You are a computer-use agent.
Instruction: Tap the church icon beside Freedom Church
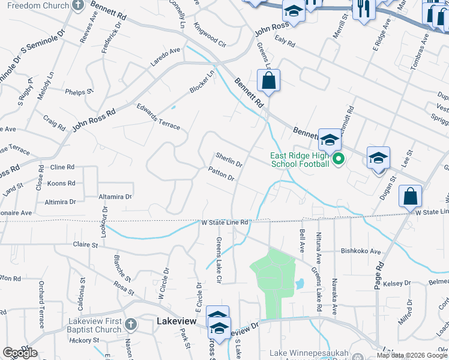(x=78, y=5)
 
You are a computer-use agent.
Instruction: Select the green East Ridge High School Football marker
(x=338, y=160)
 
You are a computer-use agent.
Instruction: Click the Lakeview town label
(x=176, y=322)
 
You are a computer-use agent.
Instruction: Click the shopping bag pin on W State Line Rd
(x=410, y=196)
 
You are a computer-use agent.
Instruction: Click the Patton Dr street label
(x=221, y=174)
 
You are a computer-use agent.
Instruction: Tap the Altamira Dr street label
(x=115, y=196)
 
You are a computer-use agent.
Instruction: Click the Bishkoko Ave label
(x=361, y=251)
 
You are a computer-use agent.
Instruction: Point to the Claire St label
(x=85, y=245)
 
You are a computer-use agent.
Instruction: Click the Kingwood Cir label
(x=209, y=35)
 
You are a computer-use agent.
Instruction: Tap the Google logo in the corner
(x=20, y=353)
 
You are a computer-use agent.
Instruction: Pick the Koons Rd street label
(x=62, y=183)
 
